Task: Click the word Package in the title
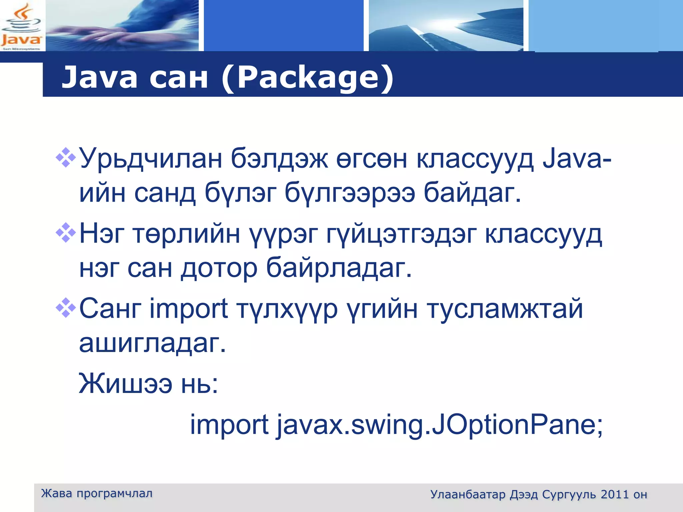click(x=307, y=78)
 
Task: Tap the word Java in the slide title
click(x=99, y=78)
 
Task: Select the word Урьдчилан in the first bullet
click(x=151, y=159)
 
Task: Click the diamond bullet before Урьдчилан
click(x=66, y=157)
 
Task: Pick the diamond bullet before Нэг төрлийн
click(x=66, y=232)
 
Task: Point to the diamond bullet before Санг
click(x=66, y=307)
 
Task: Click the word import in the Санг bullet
click(x=189, y=309)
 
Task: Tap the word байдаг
click(x=472, y=193)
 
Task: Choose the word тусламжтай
click(x=505, y=309)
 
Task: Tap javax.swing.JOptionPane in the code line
click(x=440, y=426)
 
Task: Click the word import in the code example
click(x=229, y=426)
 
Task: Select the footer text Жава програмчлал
click(x=97, y=493)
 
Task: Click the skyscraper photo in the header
click(x=446, y=26)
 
